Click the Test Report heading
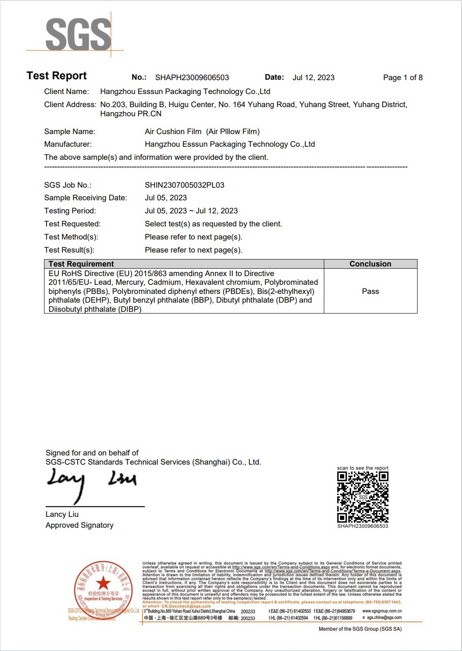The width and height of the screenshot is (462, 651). (x=57, y=76)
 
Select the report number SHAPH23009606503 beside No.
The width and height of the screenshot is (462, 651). (x=192, y=78)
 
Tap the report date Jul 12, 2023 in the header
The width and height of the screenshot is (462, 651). (x=313, y=78)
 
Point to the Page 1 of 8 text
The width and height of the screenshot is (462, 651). (x=403, y=78)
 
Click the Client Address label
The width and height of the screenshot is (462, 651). (x=70, y=105)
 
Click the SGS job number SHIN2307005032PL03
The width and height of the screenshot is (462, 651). (x=184, y=185)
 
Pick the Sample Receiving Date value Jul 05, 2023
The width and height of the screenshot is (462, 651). (x=166, y=198)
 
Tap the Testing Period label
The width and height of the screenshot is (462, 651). (x=70, y=211)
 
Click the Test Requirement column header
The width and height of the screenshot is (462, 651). (x=81, y=264)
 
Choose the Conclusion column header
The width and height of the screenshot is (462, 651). (x=370, y=264)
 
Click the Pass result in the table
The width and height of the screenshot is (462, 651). (x=370, y=291)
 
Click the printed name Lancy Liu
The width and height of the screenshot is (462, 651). (x=62, y=514)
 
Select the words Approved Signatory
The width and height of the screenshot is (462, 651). (x=79, y=525)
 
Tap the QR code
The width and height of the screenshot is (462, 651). (x=363, y=497)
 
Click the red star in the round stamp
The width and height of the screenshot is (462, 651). (x=103, y=583)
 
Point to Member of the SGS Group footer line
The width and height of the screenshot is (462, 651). (x=360, y=629)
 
